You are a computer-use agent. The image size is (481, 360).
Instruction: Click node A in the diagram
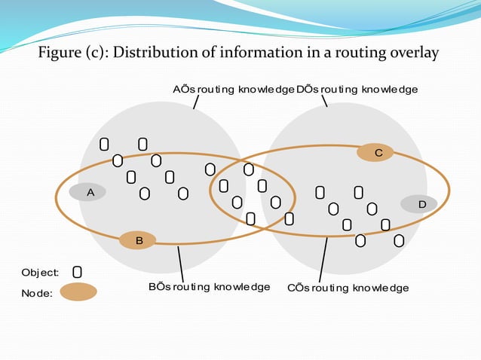87,193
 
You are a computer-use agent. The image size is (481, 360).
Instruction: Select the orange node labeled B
138,240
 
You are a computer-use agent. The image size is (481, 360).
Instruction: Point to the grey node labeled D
419,204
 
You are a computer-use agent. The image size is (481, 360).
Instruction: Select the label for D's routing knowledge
357,90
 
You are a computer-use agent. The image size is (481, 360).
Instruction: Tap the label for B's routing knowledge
209,287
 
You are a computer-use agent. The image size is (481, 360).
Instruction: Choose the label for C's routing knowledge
348,288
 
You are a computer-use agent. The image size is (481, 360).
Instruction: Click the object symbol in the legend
77,271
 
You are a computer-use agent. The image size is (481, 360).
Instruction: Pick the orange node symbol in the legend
78,292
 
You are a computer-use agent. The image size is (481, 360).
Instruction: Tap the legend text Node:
37,294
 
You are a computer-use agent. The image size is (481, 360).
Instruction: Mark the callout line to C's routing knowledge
323,260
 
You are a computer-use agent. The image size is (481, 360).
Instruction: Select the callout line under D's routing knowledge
324,99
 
